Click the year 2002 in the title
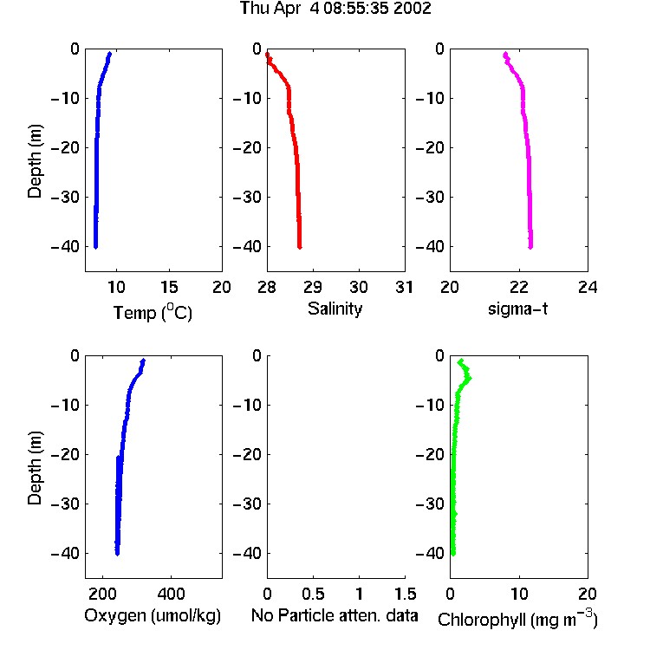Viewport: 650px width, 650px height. (x=412, y=9)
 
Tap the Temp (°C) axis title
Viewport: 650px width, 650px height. (x=153, y=312)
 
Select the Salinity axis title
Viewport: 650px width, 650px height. (x=335, y=309)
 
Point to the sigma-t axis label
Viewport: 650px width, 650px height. (x=517, y=309)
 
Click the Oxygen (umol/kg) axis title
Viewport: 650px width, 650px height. (x=153, y=616)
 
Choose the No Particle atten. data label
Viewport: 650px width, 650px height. (x=335, y=615)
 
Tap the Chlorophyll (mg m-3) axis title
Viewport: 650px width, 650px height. (x=517, y=619)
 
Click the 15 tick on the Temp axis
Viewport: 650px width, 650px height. (x=169, y=287)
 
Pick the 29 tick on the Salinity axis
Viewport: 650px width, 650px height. (x=313, y=287)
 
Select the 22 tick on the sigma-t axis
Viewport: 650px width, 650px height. (x=519, y=287)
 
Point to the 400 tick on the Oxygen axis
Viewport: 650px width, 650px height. (x=171, y=594)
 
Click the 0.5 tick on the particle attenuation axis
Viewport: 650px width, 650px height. (x=313, y=594)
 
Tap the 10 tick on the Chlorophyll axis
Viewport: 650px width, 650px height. (x=519, y=594)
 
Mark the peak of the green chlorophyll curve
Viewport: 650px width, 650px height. (x=469, y=378)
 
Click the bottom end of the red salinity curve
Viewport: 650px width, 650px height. (x=299, y=248)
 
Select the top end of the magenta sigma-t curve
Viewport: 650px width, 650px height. (x=505, y=54)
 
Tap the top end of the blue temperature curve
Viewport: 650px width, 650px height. (x=109, y=54)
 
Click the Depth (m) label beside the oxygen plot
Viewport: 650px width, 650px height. (x=35, y=468)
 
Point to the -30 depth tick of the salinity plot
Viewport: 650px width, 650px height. (x=247, y=198)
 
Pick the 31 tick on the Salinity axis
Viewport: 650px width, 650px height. (x=404, y=287)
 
